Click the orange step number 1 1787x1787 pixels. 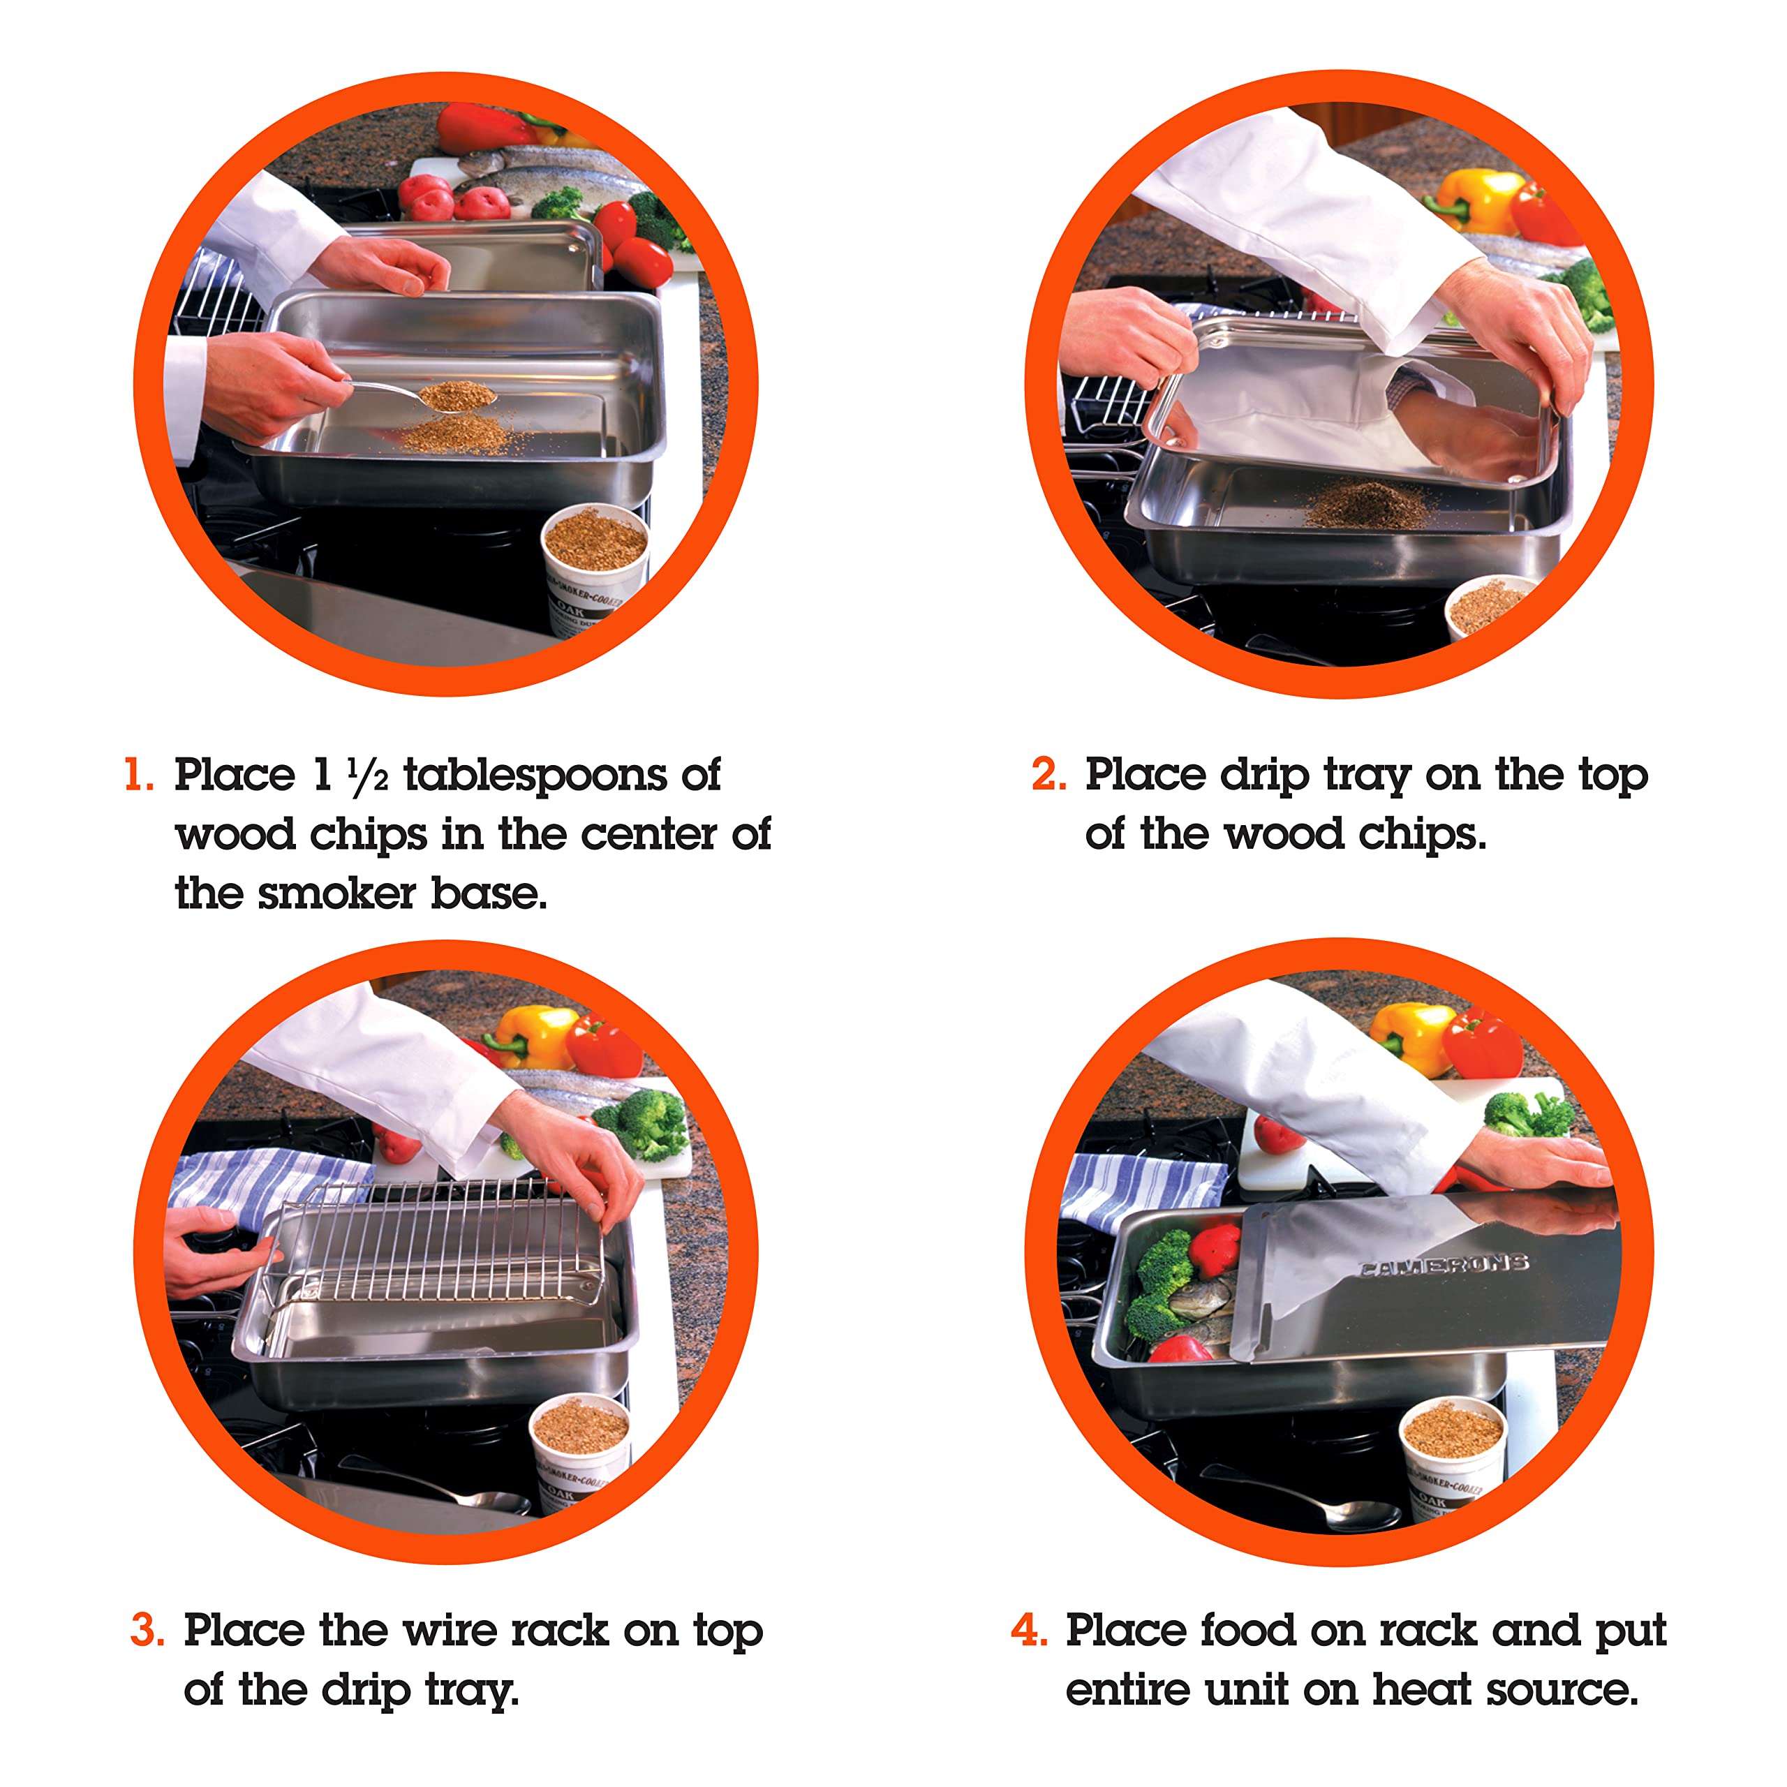(139, 774)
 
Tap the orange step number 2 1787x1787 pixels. (1049, 774)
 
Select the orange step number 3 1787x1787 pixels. (148, 1630)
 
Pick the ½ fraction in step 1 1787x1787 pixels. (368, 775)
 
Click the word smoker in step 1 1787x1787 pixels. (336, 893)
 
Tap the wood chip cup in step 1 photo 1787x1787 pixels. (595, 566)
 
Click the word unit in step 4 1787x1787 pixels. (1245, 1690)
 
